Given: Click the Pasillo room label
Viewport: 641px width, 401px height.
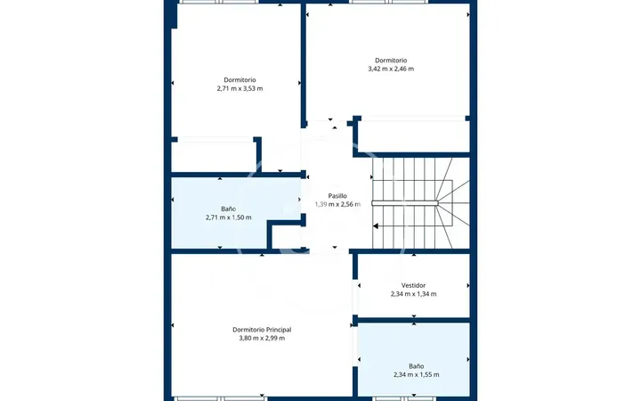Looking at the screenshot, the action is [x=337, y=196].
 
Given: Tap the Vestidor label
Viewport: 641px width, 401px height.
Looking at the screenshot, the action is [x=413, y=286].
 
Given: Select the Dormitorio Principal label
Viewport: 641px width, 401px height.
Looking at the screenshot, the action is [x=262, y=330].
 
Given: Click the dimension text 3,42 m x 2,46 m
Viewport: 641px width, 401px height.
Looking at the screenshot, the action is [x=391, y=69].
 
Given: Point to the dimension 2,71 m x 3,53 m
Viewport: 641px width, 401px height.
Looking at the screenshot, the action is [x=240, y=88].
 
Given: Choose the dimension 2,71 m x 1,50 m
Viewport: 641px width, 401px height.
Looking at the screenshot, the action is [x=229, y=217].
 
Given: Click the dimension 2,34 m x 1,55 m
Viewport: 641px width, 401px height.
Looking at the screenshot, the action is [x=417, y=374].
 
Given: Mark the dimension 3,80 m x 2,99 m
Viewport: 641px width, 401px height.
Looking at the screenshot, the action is [x=262, y=338].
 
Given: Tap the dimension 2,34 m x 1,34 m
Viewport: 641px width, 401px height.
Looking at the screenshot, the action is [x=413, y=294].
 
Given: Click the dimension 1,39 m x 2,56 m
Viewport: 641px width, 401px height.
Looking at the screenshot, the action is [x=337, y=204].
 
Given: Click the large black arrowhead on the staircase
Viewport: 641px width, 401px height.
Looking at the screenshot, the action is [x=376, y=225].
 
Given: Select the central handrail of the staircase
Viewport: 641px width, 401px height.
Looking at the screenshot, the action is [x=405, y=203].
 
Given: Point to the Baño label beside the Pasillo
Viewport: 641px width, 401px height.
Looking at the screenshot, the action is [x=229, y=209].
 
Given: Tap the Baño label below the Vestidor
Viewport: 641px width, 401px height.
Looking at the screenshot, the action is [x=417, y=366].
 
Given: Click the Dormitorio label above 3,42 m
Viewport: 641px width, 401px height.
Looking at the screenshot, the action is [x=391, y=61].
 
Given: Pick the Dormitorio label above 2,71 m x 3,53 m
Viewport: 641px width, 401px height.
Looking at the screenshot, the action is [x=240, y=80].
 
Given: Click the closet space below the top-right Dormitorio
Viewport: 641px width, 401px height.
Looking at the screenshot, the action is [x=414, y=136].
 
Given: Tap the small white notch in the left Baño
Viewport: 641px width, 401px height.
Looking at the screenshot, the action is [x=286, y=236].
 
